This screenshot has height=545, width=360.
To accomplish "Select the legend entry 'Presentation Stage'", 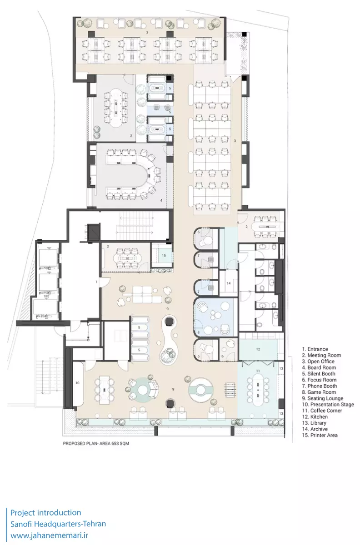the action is (328, 404).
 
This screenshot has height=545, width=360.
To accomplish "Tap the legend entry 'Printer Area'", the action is (320, 435).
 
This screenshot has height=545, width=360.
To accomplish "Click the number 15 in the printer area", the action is (164, 255).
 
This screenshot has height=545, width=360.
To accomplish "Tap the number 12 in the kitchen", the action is (258, 349).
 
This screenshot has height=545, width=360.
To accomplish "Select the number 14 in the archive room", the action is (229, 283).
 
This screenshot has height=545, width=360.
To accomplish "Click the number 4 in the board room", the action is (161, 200).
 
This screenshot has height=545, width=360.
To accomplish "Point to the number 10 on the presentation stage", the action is (77, 383).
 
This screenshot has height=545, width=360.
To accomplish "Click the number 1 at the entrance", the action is (96, 282).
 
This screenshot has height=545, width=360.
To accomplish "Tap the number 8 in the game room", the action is (199, 332).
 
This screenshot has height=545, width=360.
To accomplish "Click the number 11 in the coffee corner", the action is (258, 371).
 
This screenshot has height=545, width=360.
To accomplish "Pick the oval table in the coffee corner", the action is (258, 390).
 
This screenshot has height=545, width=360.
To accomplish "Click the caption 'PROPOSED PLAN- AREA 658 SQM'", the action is (96, 443).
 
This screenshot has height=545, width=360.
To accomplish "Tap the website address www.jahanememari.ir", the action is (49, 535).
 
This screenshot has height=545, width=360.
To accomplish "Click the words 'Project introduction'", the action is (45, 512).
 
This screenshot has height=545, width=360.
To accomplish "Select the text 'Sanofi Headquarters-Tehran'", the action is (58, 524).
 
